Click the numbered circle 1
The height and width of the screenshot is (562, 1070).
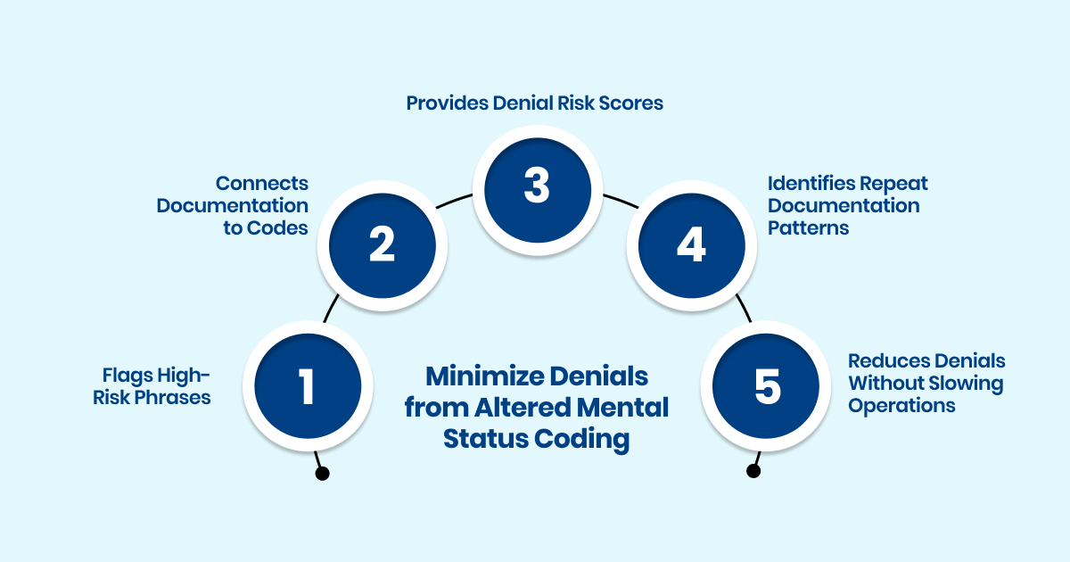point(308,386)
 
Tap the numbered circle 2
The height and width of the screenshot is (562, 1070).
point(382,244)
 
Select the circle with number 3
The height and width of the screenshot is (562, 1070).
point(535,186)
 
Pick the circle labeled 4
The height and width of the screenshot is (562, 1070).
point(690,244)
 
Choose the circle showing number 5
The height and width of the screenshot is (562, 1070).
point(766,386)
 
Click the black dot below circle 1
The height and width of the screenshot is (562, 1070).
point(323,474)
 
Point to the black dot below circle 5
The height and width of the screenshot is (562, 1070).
point(753,470)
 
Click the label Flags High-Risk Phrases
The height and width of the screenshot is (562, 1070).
point(152,386)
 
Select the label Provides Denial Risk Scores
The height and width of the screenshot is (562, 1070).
point(535,103)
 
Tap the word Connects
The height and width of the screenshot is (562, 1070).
point(262,183)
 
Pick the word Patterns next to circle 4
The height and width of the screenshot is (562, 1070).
point(808,227)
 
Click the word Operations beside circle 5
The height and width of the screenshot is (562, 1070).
point(901,405)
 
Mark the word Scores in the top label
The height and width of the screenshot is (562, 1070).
point(634,103)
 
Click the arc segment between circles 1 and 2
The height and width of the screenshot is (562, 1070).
point(330,308)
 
